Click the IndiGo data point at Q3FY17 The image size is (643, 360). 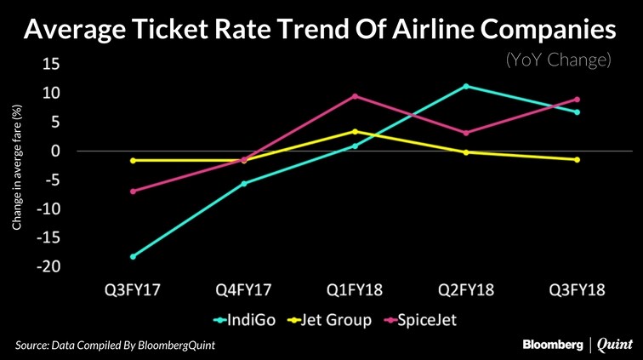(x=134, y=256)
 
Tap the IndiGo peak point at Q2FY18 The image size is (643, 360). (x=466, y=86)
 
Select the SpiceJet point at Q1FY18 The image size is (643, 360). (x=355, y=95)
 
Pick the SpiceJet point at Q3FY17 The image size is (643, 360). (x=134, y=191)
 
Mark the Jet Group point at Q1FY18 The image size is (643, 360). (x=355, y=131)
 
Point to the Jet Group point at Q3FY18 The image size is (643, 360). (x=577, y=159)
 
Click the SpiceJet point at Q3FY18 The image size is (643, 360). (x=577, y=100)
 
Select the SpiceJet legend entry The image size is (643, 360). (x=423, y=321)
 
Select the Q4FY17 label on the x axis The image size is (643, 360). (x=244, y=290)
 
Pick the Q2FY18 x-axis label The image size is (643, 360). (x=466, y=290)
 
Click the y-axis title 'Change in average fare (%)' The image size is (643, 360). (x=16, y=167)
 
